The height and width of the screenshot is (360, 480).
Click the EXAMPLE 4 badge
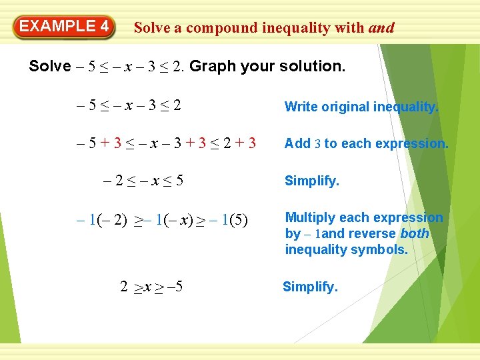tap(64, 27)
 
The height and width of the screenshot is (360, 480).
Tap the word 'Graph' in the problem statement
tap(211, 66)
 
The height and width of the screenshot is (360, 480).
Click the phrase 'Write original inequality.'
tap(361, 107)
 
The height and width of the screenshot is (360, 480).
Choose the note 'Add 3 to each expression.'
tap(366, 143)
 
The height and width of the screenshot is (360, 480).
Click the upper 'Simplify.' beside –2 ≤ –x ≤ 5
tap(312, 181)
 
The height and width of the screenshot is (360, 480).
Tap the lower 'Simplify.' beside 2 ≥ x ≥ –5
tap(310, 287)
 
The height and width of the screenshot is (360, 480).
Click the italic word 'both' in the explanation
tap(414, 234)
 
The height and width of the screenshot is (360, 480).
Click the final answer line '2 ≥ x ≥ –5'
tap(151, 287)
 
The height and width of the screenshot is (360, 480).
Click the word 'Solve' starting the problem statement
tap(49, 66)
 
